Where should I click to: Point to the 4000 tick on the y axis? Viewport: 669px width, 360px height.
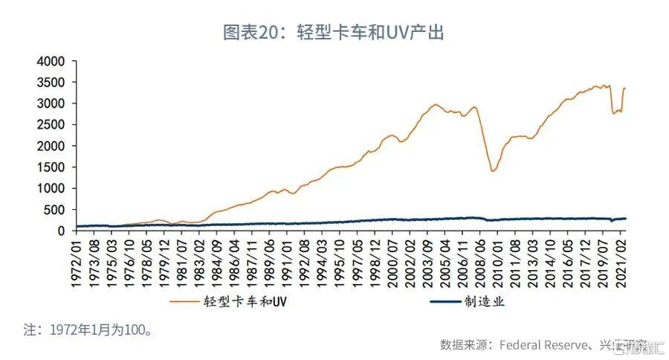click(x=51, y=61)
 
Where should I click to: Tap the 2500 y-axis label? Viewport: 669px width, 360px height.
click(x=51, y=125)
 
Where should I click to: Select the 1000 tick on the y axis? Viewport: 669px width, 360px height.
click(x=51, y=188)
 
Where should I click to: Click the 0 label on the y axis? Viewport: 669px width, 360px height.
click(x=62, y=231)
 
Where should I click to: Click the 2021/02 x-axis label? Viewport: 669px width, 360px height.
click(x=621, y=257)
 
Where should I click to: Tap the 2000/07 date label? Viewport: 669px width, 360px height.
click(x=392, y=257)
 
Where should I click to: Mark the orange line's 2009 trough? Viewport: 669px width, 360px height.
click(x=493, y=171)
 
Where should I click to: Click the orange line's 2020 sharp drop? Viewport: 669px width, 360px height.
click(x=613, y=113)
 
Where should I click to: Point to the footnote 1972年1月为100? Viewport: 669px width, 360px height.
click(x=88, y=328)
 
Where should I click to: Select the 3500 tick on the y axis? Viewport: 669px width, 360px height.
click(x=51, y=83)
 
